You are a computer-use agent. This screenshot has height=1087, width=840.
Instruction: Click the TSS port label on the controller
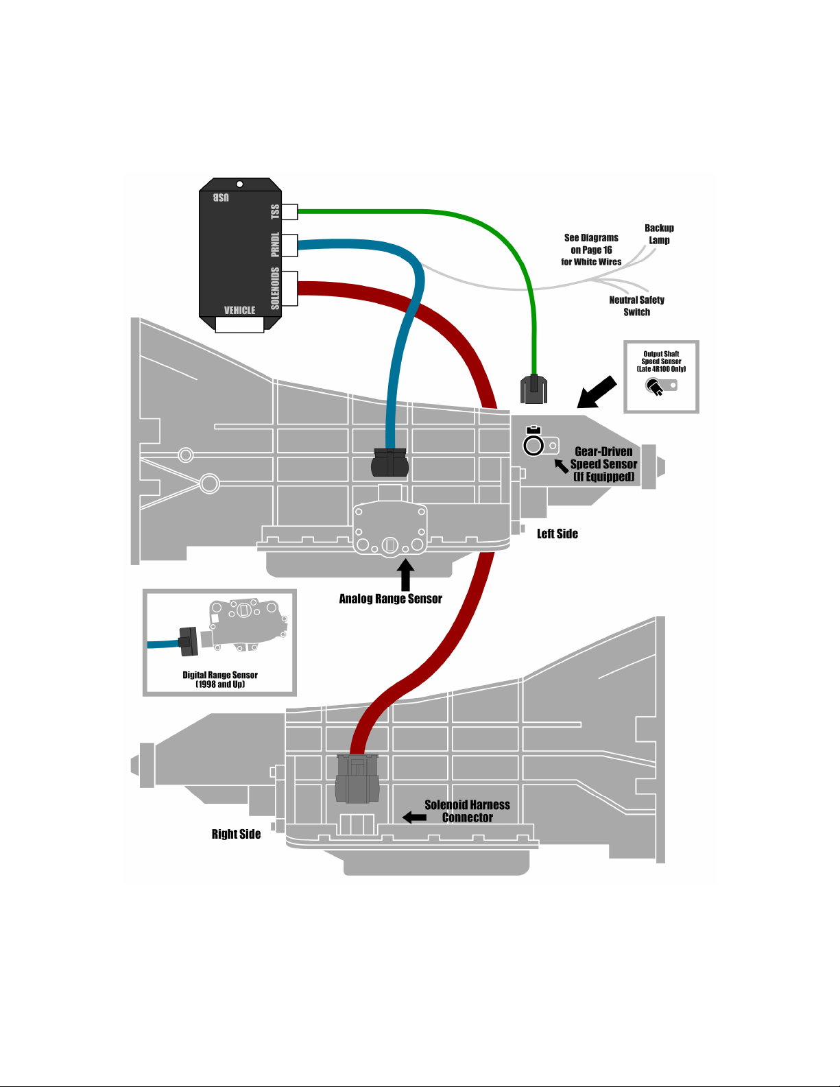click(x=276, y=211)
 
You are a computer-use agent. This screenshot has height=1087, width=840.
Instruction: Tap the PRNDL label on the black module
click(x=276, y=245)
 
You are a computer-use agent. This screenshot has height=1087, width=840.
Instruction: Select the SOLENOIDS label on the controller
click(x=276, y=288)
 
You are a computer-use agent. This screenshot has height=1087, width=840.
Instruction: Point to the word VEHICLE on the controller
click(x=239, y=310)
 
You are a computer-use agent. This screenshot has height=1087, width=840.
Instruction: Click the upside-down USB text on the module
click(x=221, y=198)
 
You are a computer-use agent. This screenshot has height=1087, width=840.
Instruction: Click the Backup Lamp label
click(x=659, y=234)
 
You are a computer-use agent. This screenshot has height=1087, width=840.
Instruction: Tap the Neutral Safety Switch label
click(x=636, y=306)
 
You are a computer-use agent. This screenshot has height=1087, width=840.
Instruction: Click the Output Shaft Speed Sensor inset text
click(x=661, y=361)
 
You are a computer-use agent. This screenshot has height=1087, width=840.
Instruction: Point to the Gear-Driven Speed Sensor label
click(x=603, y=464)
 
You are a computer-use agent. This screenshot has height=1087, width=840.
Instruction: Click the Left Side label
click(x=557, y=534)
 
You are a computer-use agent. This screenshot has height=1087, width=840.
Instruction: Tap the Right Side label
click(x=236, y=834)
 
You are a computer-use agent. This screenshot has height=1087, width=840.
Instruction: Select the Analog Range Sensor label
click(x=390, y=599)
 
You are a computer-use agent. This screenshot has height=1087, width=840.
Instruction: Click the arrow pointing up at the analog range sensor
click(x=405, y=575)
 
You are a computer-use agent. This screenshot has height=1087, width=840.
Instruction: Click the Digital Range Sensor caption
click(x=220, y=679)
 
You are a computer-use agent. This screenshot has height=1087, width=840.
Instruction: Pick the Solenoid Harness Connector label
click(x=467, y=811)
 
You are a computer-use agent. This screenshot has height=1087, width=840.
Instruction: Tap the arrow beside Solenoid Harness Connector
click(x=414, y=817)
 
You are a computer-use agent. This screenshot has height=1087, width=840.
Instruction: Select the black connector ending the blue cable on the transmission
click(x=389, y=462)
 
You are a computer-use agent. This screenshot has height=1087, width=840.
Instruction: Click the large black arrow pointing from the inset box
click(x=596, y=392)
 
